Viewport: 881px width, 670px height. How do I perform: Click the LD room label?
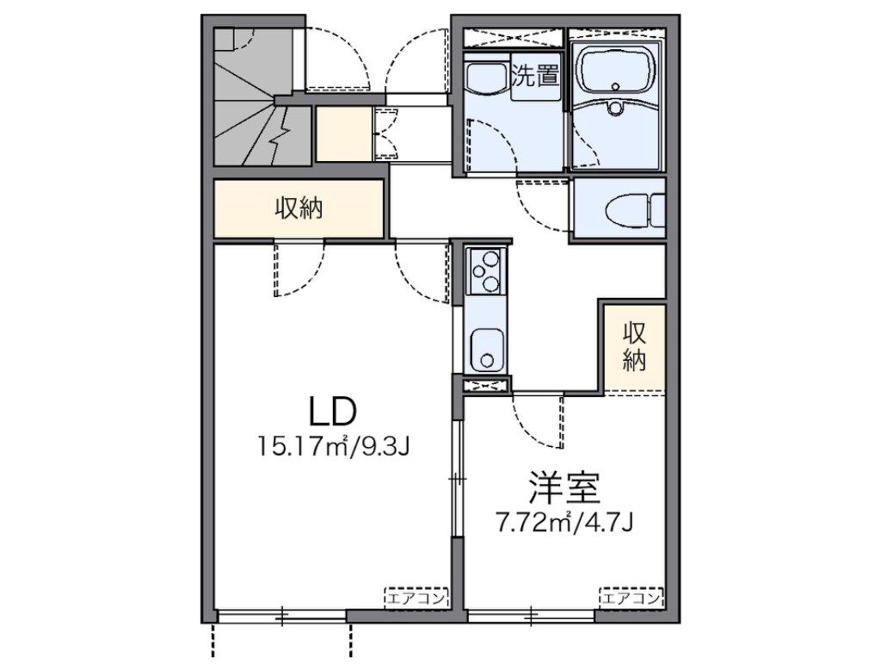point(333,412)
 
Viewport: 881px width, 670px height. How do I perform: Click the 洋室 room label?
point(564,487)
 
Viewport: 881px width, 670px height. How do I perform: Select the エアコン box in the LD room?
point(416,597)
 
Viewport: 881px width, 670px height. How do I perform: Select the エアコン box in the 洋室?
point(631,597)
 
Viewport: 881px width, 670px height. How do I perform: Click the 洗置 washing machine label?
point(535,76)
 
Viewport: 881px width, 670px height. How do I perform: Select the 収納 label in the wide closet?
point(299,209)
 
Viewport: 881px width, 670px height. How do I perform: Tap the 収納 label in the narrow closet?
point(634,347)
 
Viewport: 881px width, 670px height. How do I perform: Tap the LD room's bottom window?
point(281,617)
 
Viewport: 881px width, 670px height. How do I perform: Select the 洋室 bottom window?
point(531,617)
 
